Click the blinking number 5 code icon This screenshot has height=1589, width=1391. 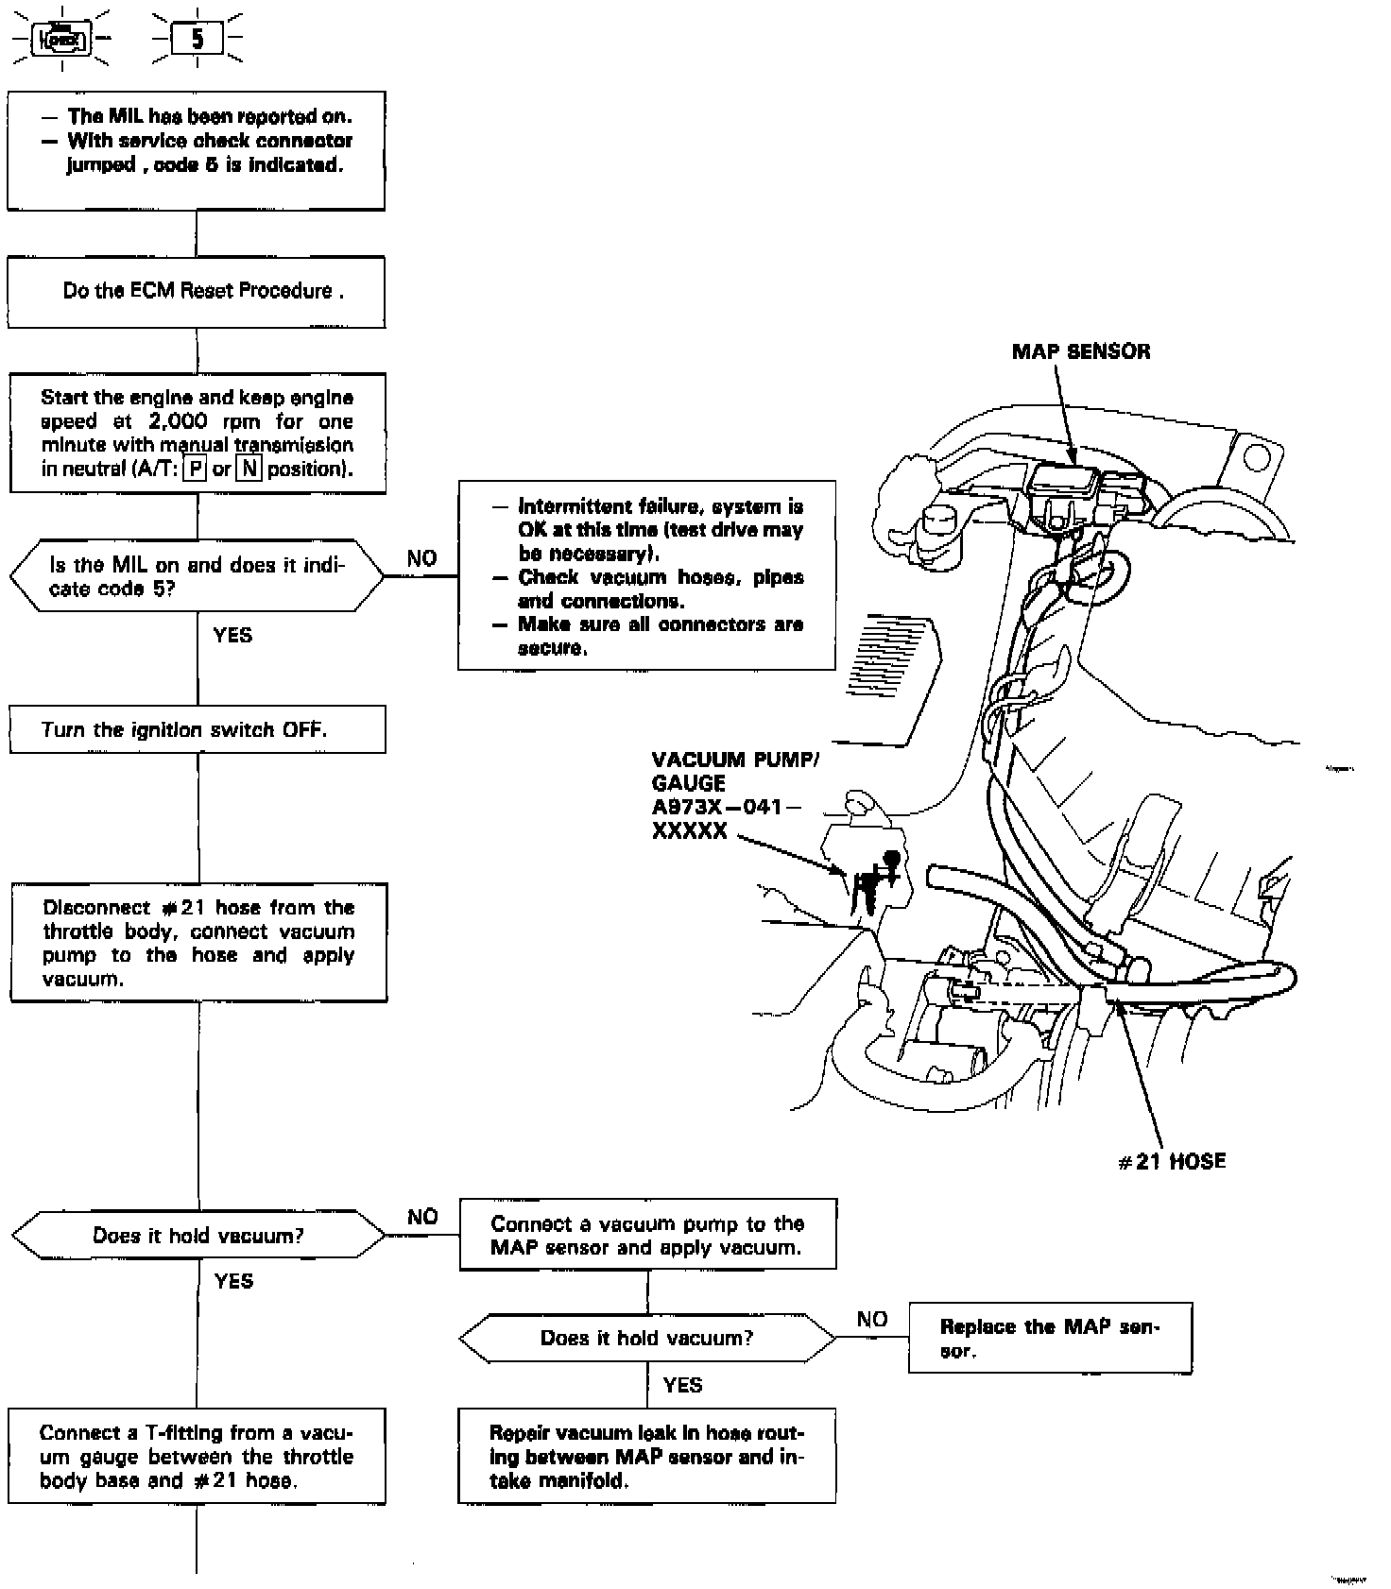pyautogui.click(x=197, y=40)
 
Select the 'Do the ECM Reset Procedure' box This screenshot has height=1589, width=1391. pyautogui.click(x=197, y=291)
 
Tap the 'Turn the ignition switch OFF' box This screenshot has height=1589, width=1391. pyautogui.click(x=197, y=729)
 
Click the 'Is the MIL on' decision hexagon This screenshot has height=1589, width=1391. pyautogui.click(x=197, y=576)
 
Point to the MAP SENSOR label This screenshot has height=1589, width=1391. pyautogui.click(x=1081, y=351)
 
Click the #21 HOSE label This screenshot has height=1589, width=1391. pyautogui.click(x=1172, y=1161)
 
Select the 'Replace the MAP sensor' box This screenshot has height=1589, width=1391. pyautogui.click(x=1050, y=1338)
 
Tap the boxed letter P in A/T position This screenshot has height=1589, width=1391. pyautogui.click(x=195, y=469)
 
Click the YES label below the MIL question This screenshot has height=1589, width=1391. pyautogui.click(x=232, y=635)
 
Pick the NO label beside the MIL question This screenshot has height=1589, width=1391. pyautogui.click(x=421, y=558)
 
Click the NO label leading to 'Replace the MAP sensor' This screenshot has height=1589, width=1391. pyautogui.click(x=871, y=1319)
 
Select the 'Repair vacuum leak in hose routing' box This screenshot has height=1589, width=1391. pyautogui.click(x=647, y=1457)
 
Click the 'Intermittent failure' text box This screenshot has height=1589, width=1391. pyautogui.click(x=647, y=576)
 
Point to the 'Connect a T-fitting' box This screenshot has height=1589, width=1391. pyautogui.click(x=197, y=1457)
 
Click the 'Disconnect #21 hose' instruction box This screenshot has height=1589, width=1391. pyautogui.click(x=198, y=943)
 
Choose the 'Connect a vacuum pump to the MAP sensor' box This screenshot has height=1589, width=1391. pyautogui.click(x=647, y=1235)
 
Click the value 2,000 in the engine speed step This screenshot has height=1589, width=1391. pyautogui.click(x=179, y=421)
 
